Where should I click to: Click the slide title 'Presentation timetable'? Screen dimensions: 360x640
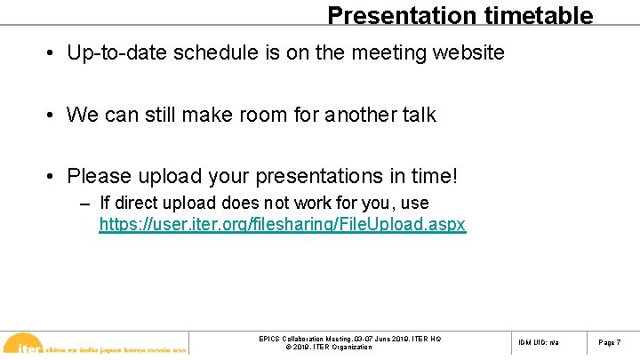click(x=460, y=15)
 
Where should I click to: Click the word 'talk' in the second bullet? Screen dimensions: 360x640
click(x=417, y=115)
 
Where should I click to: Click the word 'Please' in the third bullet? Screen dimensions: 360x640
click(x=96, y=176)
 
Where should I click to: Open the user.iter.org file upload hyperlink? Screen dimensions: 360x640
click(x=282, y=225)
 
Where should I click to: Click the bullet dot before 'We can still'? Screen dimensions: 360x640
click(x=53, y=116)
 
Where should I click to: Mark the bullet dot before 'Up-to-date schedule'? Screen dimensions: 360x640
click(x=53, y=54)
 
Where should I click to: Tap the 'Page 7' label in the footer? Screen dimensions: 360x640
click(x=609, y=342)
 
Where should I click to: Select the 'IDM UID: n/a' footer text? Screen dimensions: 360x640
click(x=538, y=342)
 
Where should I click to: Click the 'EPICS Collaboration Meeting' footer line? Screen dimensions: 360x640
click(x=348, y=339)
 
